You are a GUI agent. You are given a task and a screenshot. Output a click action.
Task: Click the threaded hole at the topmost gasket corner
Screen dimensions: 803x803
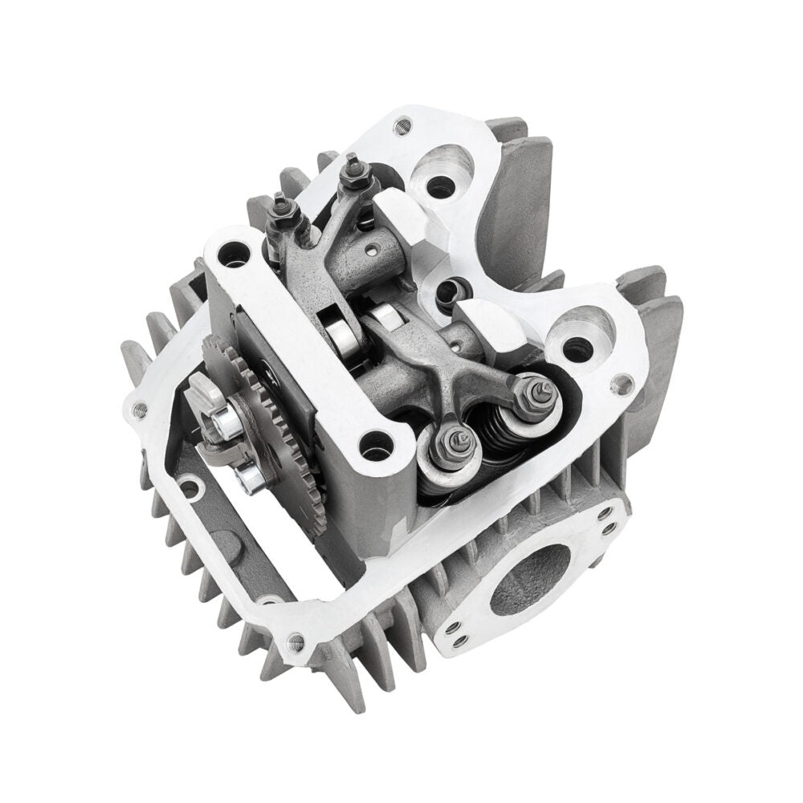(404, 124)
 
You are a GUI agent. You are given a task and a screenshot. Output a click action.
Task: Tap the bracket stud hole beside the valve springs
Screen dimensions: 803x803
(373, 441)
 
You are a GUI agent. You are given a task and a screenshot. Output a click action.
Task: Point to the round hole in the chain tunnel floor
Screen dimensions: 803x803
(190, 487)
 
